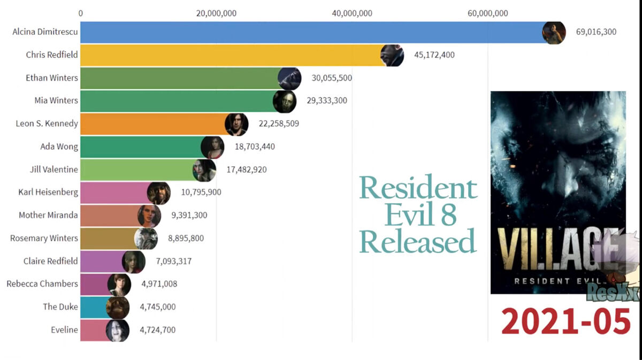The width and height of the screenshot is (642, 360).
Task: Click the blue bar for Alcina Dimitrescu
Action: point(310,32)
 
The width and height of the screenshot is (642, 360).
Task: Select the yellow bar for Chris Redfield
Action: point(230,55)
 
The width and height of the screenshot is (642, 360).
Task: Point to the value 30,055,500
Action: point(332,78)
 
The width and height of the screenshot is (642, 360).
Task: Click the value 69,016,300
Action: point(596,32)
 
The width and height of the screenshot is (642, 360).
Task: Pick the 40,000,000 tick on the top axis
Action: point(352,13)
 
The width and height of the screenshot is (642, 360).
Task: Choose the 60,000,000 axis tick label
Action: point(487,13)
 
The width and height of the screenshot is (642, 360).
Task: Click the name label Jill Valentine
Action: point(54,170)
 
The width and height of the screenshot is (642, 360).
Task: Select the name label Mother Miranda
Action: point(48,215)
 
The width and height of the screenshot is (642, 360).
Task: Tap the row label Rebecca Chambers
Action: point(42,284)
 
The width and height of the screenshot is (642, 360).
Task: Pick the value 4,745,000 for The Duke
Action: point(157,307)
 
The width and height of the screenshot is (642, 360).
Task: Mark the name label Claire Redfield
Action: point(51,261)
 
